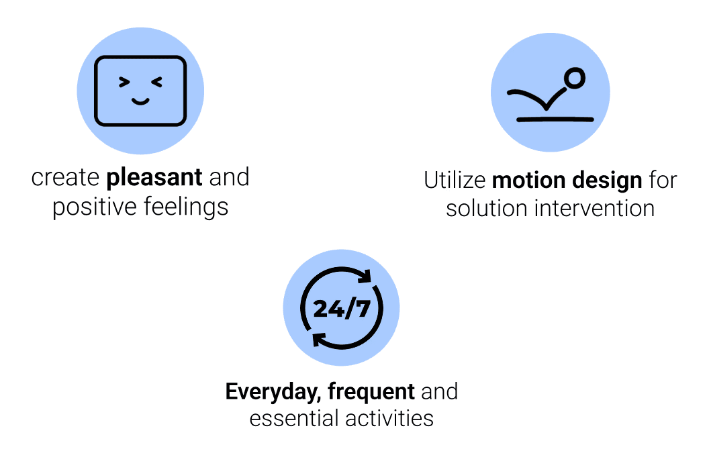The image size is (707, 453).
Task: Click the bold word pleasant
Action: pyautogui.click(x=154, y=178)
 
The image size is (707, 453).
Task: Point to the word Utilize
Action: pyautogui.click(x=455, y=180)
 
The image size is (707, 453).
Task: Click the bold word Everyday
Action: pyautogui.click(x=273, y=391)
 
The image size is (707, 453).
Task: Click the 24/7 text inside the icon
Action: pyautogui.click(x=341, y=309)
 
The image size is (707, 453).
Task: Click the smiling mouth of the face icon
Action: pyautogui.click(x=140, y=102)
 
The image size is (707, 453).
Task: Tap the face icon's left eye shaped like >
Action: pyautogui.click(x=124, y=83)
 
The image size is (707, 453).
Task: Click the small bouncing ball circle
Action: pyautogui.click(x=574, y=79)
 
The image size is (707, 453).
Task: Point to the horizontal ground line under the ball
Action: pyautogui.click(x=555, y=119)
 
